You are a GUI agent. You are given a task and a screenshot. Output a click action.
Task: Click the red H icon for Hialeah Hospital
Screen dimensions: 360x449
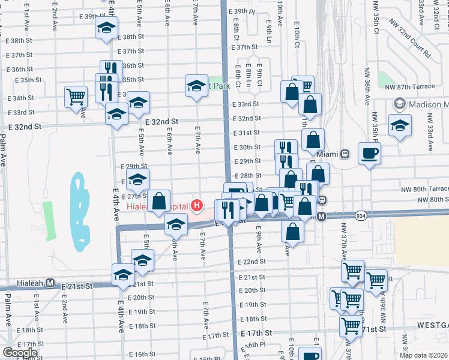pos(197,206)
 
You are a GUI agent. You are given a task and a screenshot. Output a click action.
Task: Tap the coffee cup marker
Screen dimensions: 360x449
pos(369,152)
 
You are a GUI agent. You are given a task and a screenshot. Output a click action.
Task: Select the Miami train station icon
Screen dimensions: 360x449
pos(345,154)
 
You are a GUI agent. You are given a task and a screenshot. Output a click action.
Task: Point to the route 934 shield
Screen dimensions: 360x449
pos(361,215)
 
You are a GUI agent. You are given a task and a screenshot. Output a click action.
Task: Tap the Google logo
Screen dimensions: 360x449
pos(20,353)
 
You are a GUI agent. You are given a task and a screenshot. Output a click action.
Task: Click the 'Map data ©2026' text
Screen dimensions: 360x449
pos(423,355)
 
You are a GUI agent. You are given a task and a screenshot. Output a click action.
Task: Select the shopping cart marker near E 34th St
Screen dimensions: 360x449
pos(76,96)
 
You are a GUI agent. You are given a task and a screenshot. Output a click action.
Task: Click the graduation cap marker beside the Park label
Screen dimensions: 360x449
pos(196,87)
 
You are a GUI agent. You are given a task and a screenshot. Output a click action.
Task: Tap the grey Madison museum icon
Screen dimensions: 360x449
pos(398,104)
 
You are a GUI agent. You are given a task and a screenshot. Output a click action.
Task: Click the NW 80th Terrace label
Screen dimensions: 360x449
pos(424,189)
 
